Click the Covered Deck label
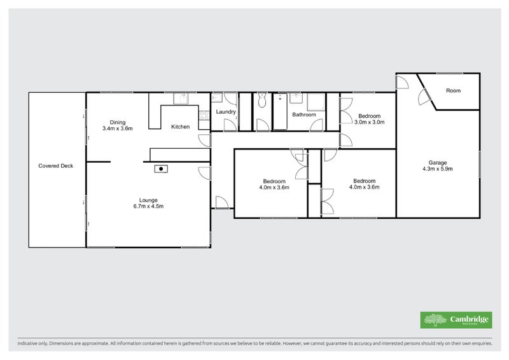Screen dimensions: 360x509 [x=56, y=166]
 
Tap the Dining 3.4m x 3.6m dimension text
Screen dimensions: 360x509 [x=117, y=128]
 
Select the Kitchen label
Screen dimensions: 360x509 [x=180, y=127]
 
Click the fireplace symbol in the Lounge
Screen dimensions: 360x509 [x=162, y=169]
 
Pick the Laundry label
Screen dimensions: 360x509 [x=226, y=113]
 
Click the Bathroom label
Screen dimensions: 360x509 [x=303, y=115]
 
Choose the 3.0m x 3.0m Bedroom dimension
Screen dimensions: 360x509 [x=369, y=123]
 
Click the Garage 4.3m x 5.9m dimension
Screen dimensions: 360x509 [x=436, y=169]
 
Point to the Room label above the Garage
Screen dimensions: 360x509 [x=453, y=91]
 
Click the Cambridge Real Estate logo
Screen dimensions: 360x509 [x=456, y=320]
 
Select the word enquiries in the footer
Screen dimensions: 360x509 [x=478, y=343]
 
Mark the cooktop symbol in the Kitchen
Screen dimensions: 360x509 [x=205, y=115]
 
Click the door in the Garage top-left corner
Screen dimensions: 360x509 [x=403, y=81]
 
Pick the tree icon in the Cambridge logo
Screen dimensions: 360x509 [x=435, y=320]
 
